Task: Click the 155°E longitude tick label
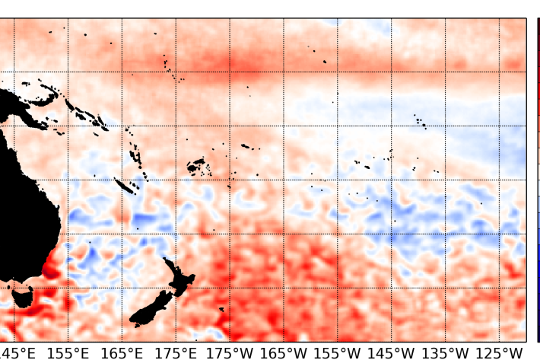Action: pyautogui.click(x=68, y=353)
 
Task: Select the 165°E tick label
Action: pyautogui.click(x=122, y=353)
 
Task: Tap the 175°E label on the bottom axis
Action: pyautogui.click(x=176, y=353)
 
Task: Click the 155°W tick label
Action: pyautogui.click(x=337, y=353)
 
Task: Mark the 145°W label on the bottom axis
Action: pyautogui.click(x=391, y=353)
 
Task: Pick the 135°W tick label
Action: pyautogui.click(x=445, y=353)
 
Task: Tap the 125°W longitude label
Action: pyautogui.click(x=499, y=353)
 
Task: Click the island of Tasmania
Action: pyautogui.click(x=21, y=296)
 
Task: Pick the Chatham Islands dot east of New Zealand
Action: pyautogui.click(x=221, y=309)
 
